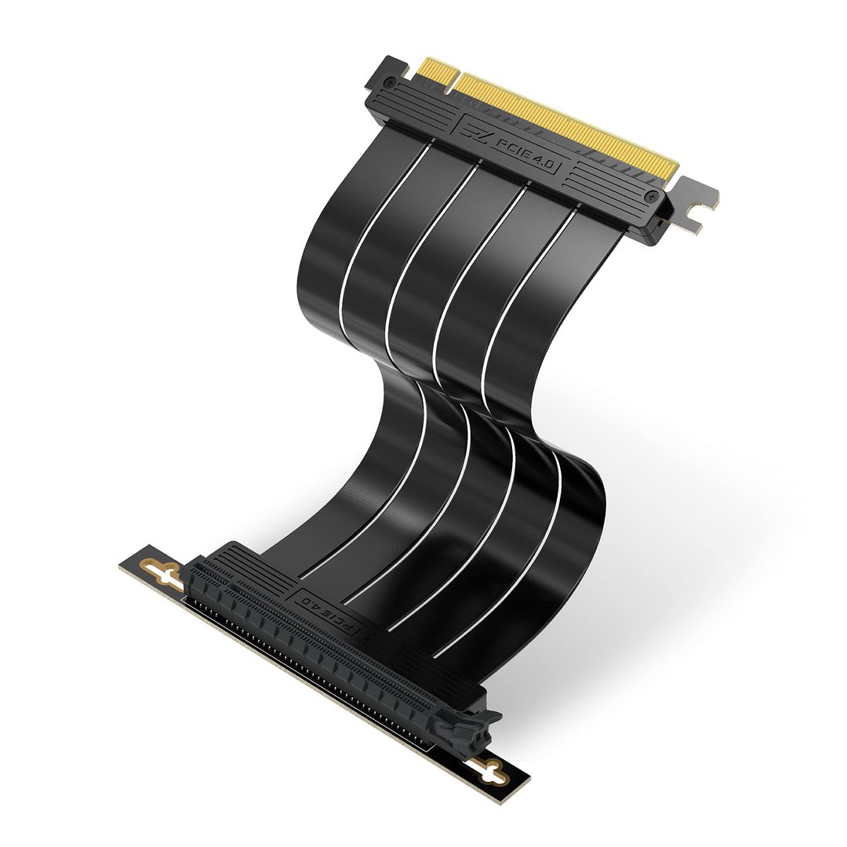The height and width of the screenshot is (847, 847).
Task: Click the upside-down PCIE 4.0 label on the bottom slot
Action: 337,611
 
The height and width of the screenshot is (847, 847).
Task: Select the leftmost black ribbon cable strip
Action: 329,259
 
